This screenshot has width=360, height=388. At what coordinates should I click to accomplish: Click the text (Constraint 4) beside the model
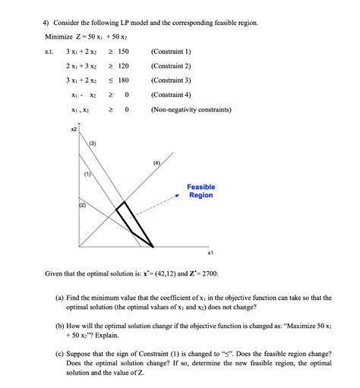pyautogui.click(x=172, y=95)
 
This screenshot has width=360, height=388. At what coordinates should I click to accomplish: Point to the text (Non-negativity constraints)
pyautogui.click(x=191, y=109)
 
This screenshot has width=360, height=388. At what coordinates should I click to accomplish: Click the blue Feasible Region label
pyautogui.click(x=201, y=191)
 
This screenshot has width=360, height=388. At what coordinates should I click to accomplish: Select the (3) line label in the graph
pyautogui.click(x=93, y=144)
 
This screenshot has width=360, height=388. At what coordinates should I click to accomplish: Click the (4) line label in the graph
pyautogui.click(x=156, y=162)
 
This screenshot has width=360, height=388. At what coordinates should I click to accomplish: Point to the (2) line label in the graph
pyautogui.click(x=82, y=206)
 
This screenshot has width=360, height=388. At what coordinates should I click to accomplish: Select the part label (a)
pyautogui.click(x=59, y=298)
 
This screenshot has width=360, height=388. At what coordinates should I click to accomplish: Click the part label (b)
pyautogui.click(x=59, y=323)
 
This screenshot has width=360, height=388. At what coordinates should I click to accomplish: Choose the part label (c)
pyautogui.click(x=59, y=355)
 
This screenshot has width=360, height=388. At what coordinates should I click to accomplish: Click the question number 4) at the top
pyautogui.click(x=46, y=23)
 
